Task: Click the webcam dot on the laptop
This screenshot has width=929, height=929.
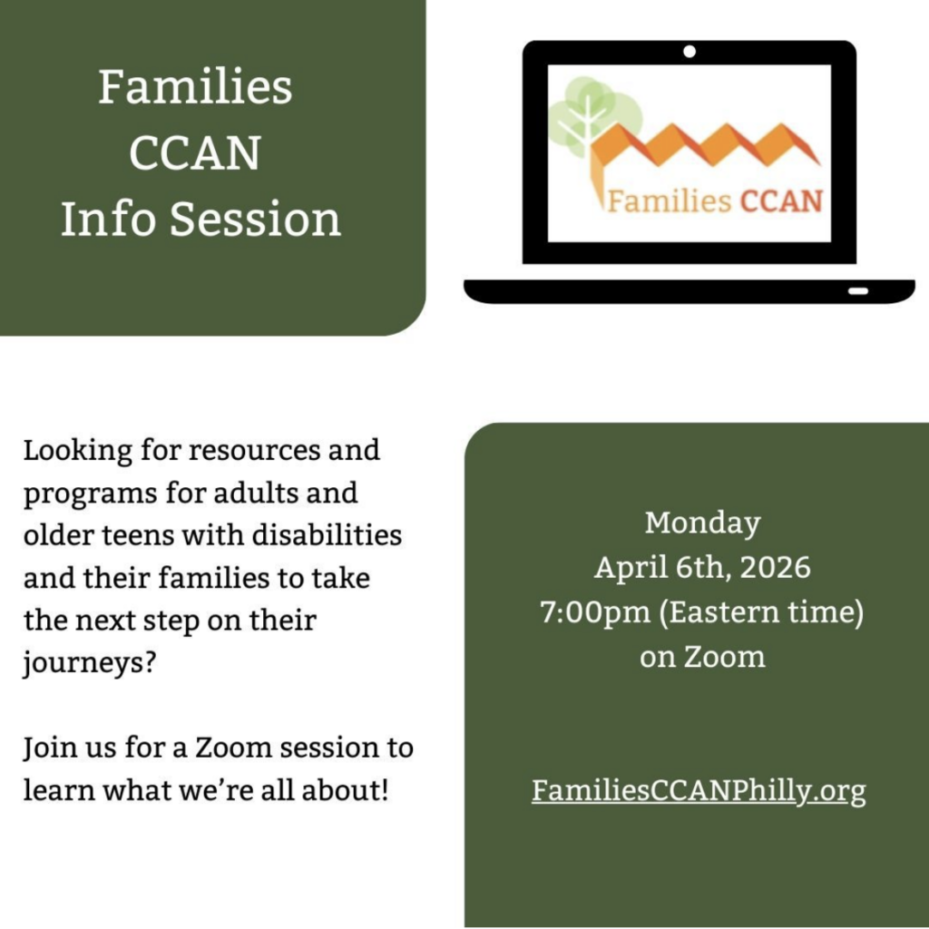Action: tap(689, 52)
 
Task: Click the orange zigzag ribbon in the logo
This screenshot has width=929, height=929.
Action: tap(705, 148)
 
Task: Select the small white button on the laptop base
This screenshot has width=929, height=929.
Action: tap(858, 291)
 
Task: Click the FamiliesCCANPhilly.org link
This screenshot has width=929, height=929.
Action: tap(699, 790)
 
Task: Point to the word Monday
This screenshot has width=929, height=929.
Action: tap(703, 523)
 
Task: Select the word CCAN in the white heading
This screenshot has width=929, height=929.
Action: tap(195, 153)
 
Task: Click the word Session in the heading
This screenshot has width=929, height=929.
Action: tap(255, 219)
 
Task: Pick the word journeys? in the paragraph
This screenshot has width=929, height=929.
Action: tap(89, 663)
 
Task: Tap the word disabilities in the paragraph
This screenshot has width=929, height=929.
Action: tap(327, 535)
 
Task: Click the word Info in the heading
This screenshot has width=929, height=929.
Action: tap(109, 219)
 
